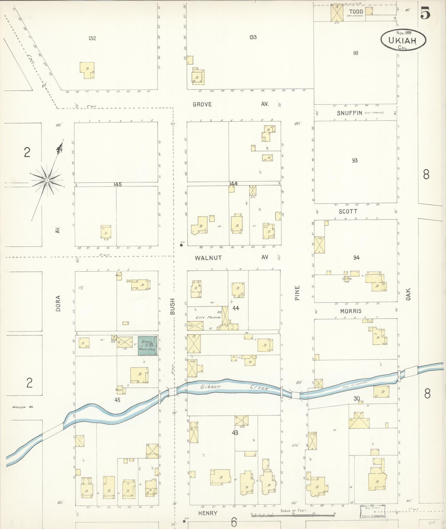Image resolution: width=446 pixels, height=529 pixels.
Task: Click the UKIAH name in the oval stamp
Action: click(x=402, y=40)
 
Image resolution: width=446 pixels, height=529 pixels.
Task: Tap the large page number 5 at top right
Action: click(x=425, y=13)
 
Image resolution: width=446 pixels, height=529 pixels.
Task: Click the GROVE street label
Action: click(x=202, y=105)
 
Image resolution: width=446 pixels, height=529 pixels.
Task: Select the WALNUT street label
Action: click(x=208, y=258)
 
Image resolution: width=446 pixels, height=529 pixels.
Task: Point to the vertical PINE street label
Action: click(x=297, y=293)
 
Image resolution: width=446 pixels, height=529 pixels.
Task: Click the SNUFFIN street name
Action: click(x=349, y=113)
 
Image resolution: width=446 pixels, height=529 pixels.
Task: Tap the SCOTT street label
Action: click(x=348, y=212)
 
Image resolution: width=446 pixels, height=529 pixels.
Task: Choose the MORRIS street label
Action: click(x=351, y=311)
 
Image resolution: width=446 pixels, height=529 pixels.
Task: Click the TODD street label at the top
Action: click(x=356, y=12)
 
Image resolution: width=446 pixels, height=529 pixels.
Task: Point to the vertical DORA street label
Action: click(x=58, y=304)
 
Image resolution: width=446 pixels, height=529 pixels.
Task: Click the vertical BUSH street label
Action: click(x=173, y=306)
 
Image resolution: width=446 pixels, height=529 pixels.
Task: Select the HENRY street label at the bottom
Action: click(x=208, y=513)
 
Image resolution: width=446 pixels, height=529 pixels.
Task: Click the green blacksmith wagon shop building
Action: click(x=148, y=346)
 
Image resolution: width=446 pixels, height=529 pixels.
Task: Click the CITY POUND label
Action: click(x=208, y=317)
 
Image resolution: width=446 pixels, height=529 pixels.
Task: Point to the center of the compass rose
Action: click(x=47, y=180)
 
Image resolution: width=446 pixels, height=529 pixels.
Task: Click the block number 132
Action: click(x=92, y=38)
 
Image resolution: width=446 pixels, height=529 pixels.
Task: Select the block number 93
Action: click(x=355, y=160)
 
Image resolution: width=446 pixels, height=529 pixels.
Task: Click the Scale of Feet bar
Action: click(x=293, y=515)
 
